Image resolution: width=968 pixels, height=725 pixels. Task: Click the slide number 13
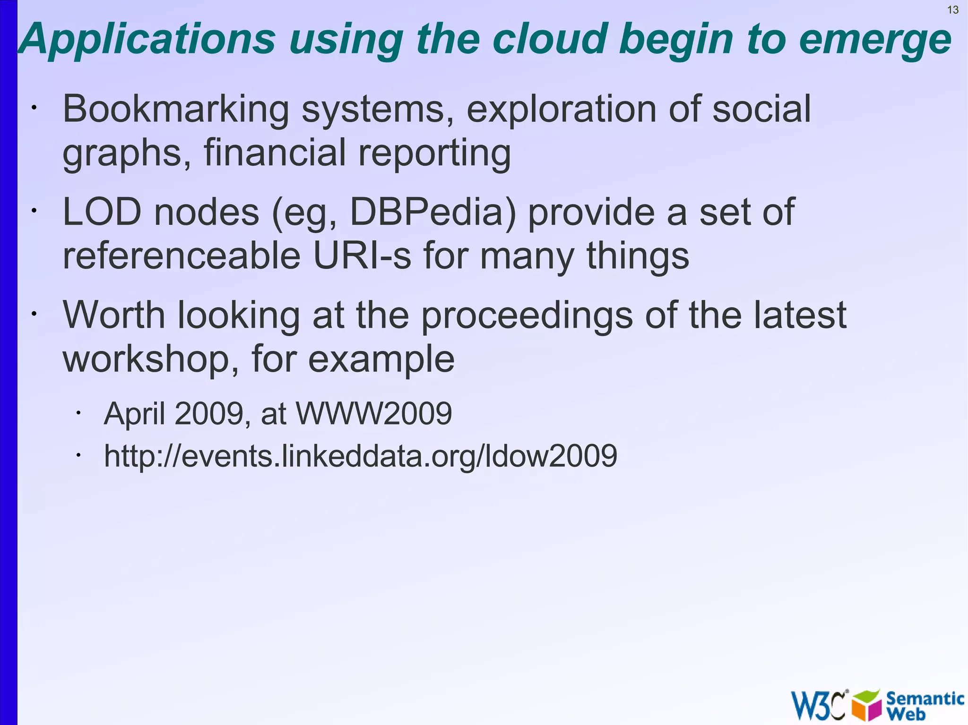(x=953, y=10)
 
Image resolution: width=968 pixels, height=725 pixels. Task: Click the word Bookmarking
(x=176, y=110)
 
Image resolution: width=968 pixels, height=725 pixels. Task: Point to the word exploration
(x=561, y=110)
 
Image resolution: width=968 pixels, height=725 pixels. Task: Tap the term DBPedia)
(x=432, y=213)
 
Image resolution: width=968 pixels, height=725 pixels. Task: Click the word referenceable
(x=182, y=256)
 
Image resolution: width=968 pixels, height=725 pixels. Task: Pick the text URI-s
(x=362, y=256)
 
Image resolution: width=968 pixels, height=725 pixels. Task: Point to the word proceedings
(x=527, y=316)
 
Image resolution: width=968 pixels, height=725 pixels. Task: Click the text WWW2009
(x=373, y=414)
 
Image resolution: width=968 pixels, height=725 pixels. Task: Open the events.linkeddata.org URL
(x=360, y=456)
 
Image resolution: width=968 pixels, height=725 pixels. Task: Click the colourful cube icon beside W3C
(x=866, y=705)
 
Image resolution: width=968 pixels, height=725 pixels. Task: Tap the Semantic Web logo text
(x=924, y=705)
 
